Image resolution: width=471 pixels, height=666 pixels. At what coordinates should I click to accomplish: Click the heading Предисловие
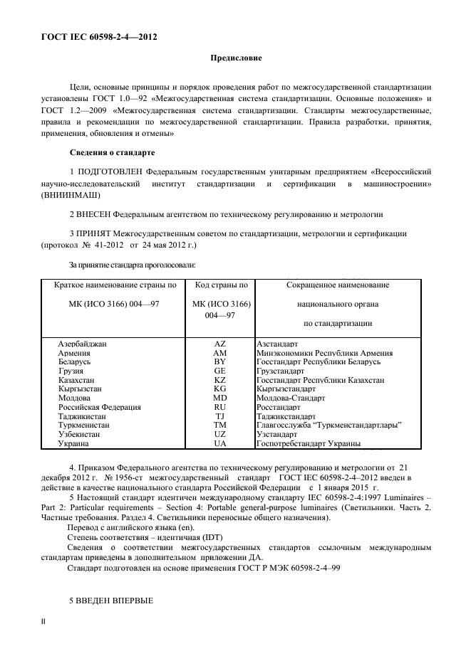pyautogui.click(x=235, y=56)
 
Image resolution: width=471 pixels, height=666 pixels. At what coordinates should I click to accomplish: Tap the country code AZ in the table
pyautogui.click(x=219, y=344)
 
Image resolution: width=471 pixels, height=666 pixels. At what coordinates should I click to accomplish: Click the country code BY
pyautogui.click(x=219, y=361)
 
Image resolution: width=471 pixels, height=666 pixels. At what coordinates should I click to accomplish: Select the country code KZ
pyautogui.click(x=219, y=380)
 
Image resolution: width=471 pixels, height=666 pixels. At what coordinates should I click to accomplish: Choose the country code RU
pyautogui.click(x=219, y=408)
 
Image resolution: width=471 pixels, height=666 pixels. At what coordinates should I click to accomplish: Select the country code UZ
pyautogui.click(x=219, y=434)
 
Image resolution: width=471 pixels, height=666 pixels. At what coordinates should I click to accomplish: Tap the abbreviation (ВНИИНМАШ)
pyautogui.click(x=71, y=195)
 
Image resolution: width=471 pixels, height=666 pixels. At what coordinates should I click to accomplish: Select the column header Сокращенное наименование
pyautogui.click(x=338, y=285)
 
